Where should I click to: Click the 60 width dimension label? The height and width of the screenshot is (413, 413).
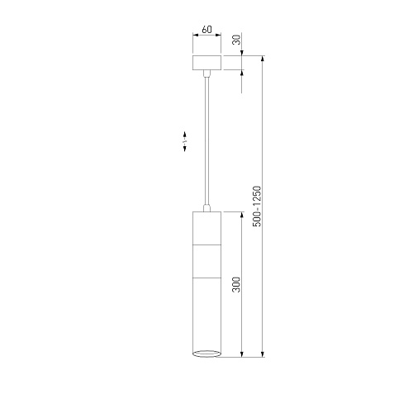tap(206, 30)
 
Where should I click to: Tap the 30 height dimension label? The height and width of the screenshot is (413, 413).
tap(236, 40)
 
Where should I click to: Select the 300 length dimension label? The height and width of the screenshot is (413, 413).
tap(236, 284)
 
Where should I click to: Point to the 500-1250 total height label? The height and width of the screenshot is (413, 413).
tap(257, 206)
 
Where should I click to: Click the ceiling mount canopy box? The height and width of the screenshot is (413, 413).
tap(206, 63)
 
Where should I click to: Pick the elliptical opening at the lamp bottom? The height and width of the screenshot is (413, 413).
tap(206, 354)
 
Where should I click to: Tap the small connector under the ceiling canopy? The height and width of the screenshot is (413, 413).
tap(206, 74)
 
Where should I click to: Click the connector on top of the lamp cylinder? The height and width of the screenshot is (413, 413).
tap(206, 208)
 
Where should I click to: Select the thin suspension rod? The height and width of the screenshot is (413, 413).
tap(206, 140)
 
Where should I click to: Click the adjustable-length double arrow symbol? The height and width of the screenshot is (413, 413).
tap(185, 141)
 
